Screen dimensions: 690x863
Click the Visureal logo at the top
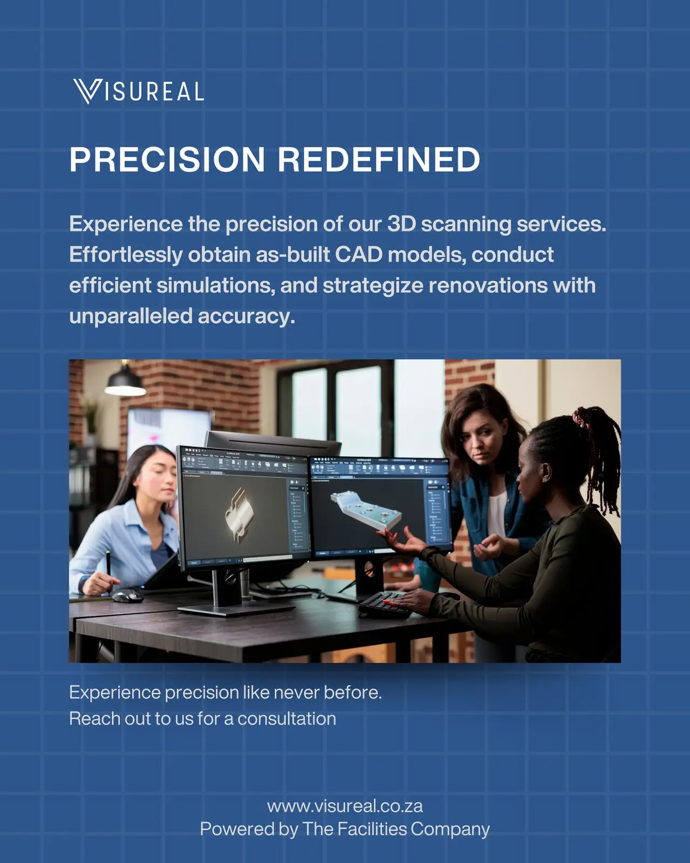click(139, 91)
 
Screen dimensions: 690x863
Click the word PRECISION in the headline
click(167, 160)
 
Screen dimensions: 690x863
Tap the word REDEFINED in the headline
click(379, 160)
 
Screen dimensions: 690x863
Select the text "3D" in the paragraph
click(401, 224)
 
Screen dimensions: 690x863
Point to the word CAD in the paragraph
click(359, 254)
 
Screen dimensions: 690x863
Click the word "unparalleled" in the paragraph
click(131, 317)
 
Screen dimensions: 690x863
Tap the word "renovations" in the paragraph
click(488, 285)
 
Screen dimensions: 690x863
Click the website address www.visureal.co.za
click(345, 806)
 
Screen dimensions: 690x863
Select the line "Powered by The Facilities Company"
click(345, 830)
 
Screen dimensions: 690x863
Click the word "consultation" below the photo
click(287, 718)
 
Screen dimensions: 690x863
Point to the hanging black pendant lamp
click(125, 380)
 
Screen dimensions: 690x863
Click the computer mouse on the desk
click(127, 595)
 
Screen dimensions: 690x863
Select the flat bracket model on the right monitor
click(366, 509)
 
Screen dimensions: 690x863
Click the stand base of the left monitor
click(236, 609)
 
